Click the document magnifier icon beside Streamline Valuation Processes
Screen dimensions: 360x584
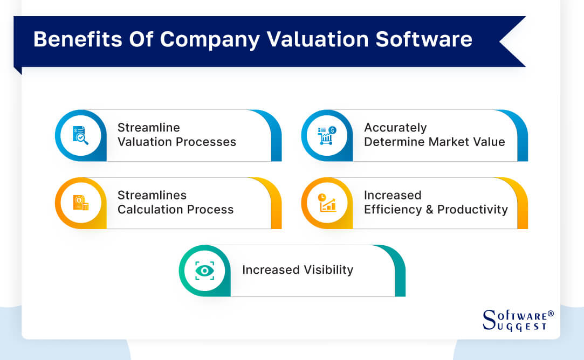81,135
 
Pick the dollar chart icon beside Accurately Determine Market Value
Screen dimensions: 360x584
327,135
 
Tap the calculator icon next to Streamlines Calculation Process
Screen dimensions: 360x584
81,203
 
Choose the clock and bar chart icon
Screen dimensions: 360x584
327,203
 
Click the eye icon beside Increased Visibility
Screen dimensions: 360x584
204,271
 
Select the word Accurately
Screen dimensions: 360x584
395,128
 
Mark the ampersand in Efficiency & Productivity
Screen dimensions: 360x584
430,210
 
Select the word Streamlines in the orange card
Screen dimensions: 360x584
152,195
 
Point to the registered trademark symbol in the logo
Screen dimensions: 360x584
551,313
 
